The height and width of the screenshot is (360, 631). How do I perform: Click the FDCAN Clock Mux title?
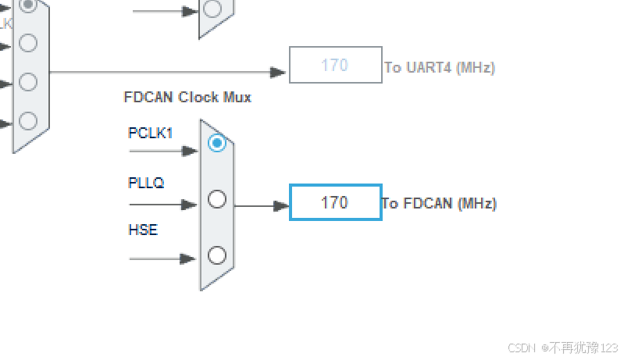(187, 98)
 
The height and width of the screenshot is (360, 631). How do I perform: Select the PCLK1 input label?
(150, 133)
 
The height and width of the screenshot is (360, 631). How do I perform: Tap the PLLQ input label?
(146, 183)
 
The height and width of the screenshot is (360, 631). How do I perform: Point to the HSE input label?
(142, 230)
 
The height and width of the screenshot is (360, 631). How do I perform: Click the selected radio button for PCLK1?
(217, 143)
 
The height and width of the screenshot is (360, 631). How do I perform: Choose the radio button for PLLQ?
(217, 199)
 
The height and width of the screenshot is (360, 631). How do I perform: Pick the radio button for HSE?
(217, 255)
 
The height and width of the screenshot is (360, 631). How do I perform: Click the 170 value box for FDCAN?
(335, 203)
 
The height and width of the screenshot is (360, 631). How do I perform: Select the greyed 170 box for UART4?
(335, 65)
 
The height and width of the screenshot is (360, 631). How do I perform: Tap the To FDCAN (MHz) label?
(439, 204)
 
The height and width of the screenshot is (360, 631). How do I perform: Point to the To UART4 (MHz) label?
(440, 67)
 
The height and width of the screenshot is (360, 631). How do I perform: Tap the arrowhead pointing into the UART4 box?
(279, 73)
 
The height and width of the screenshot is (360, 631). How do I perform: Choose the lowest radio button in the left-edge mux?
(28, 121)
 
